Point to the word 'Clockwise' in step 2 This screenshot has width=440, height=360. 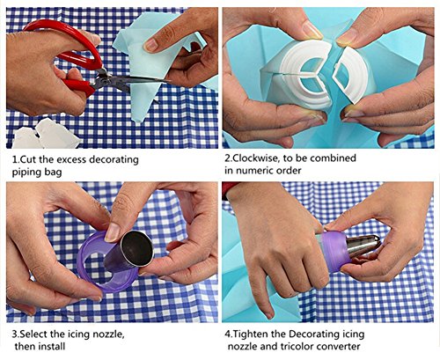(255, 158)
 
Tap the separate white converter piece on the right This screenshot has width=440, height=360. (350, 75)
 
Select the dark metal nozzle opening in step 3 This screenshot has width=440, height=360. (137, 249)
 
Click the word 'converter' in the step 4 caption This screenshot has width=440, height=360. (339, 347)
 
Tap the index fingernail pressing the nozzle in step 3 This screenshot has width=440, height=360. (112, 232)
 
